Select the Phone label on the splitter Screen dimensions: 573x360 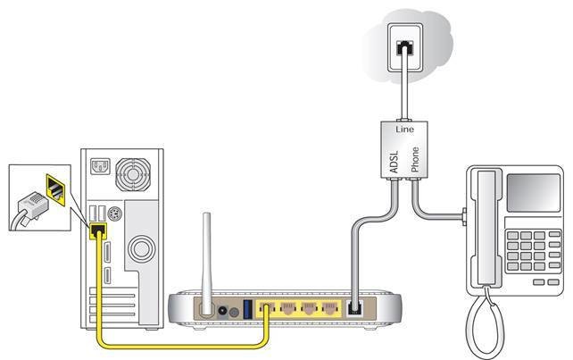[413, 158]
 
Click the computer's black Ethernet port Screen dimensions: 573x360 [99, 230]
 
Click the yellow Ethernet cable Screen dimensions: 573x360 [179, 343]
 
